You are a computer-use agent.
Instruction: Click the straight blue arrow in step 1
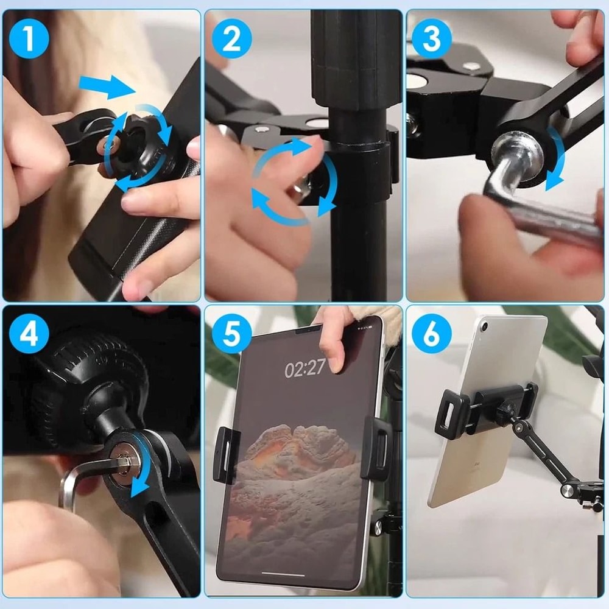click(x=106, y=88)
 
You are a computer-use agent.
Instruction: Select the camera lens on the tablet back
click(x=485, y=327)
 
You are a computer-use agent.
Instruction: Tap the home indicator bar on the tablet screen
click(x=284, y=574)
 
